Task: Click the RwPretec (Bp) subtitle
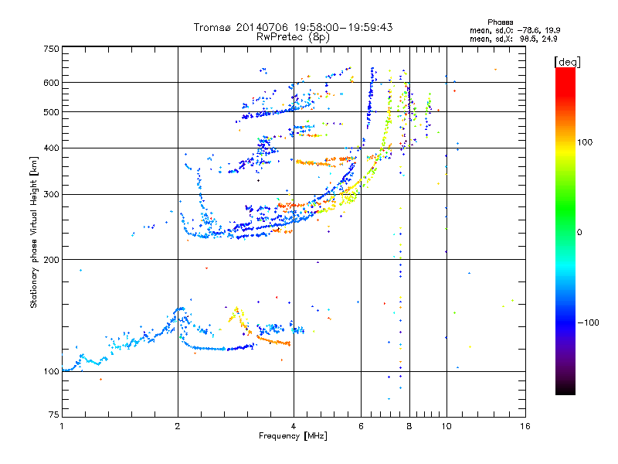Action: click(294, 36)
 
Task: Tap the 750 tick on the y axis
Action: click(51, 48)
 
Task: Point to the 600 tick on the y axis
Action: click(51, 83)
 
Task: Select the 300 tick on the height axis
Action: click(51, 194)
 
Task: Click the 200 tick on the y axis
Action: click(51, 260)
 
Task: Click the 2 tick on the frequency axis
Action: click(178, 426)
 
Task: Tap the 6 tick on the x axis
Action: click(362, 426)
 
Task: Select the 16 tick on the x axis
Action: click(525, 426)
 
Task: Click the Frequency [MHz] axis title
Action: click(293, 437)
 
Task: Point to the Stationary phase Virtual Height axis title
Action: click(34, 232)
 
